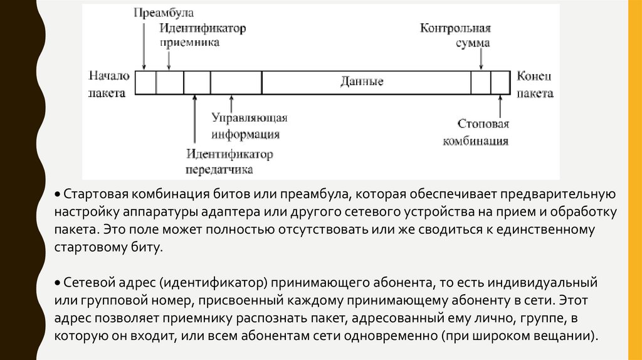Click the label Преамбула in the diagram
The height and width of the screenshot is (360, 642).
point(164,13)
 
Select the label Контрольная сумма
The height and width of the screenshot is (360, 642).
point(455,36)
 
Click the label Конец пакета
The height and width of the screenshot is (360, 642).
point(534,83)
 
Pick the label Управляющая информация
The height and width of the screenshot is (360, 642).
point(249,126)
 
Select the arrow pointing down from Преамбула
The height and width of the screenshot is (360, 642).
point(144,44)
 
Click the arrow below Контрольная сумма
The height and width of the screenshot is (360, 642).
point(481,61)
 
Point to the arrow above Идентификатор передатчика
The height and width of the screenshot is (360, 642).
point(195,119)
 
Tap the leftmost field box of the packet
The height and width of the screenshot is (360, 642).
point(146,83)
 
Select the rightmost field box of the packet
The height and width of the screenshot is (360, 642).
point(500,83)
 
